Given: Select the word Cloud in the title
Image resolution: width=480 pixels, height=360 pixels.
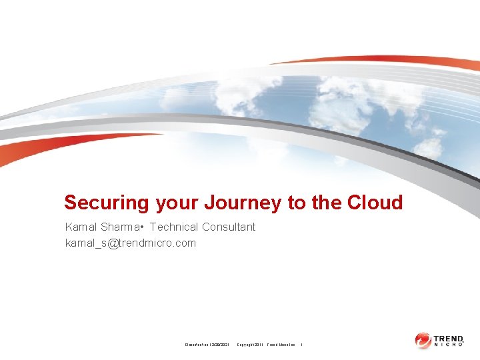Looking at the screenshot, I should pos(375,203).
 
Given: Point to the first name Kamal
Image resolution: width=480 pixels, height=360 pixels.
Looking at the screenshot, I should pos(79,227).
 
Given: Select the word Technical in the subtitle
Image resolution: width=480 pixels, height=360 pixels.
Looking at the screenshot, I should pos(172,227).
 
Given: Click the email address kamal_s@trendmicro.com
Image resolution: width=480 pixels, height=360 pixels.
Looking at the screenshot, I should pos(131,243).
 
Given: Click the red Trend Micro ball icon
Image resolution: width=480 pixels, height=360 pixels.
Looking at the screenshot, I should pos(423,340).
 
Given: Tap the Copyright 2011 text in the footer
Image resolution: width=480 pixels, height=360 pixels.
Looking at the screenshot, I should pos(250,345).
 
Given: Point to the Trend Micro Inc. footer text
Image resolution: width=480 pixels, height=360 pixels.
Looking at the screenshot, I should pos(281,345).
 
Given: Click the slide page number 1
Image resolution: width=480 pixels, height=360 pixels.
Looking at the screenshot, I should pos(303,345).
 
